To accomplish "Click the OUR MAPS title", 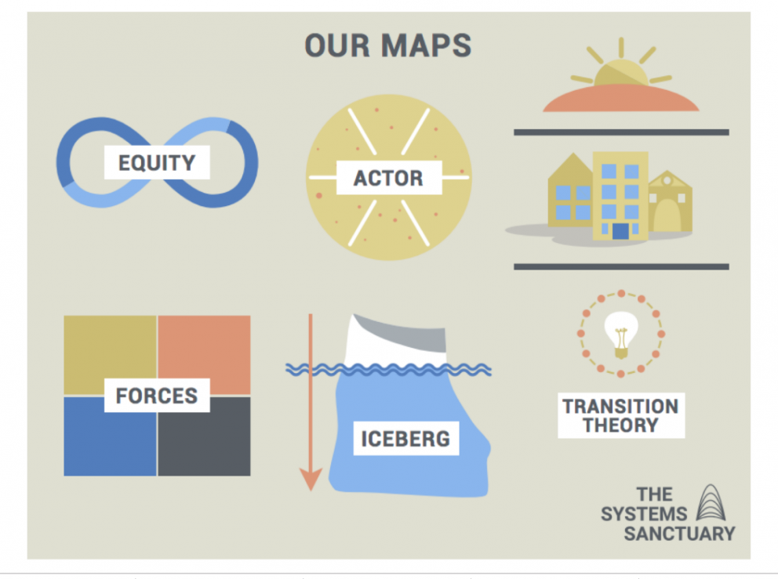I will click(387, 45).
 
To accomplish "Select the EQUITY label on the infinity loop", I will click(157, 163).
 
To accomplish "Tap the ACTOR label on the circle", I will click(388, 178).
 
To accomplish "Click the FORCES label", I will click(157, 396).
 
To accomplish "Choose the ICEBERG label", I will click(405, 438).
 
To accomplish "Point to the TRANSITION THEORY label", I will click(620, 415).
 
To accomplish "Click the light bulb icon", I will click(621, 333).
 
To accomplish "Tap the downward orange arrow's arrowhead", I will click(311, 478).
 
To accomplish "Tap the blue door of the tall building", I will click(620, 230).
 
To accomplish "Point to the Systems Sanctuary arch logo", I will click(711, 503).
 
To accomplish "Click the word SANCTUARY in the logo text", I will click(679, 534).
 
